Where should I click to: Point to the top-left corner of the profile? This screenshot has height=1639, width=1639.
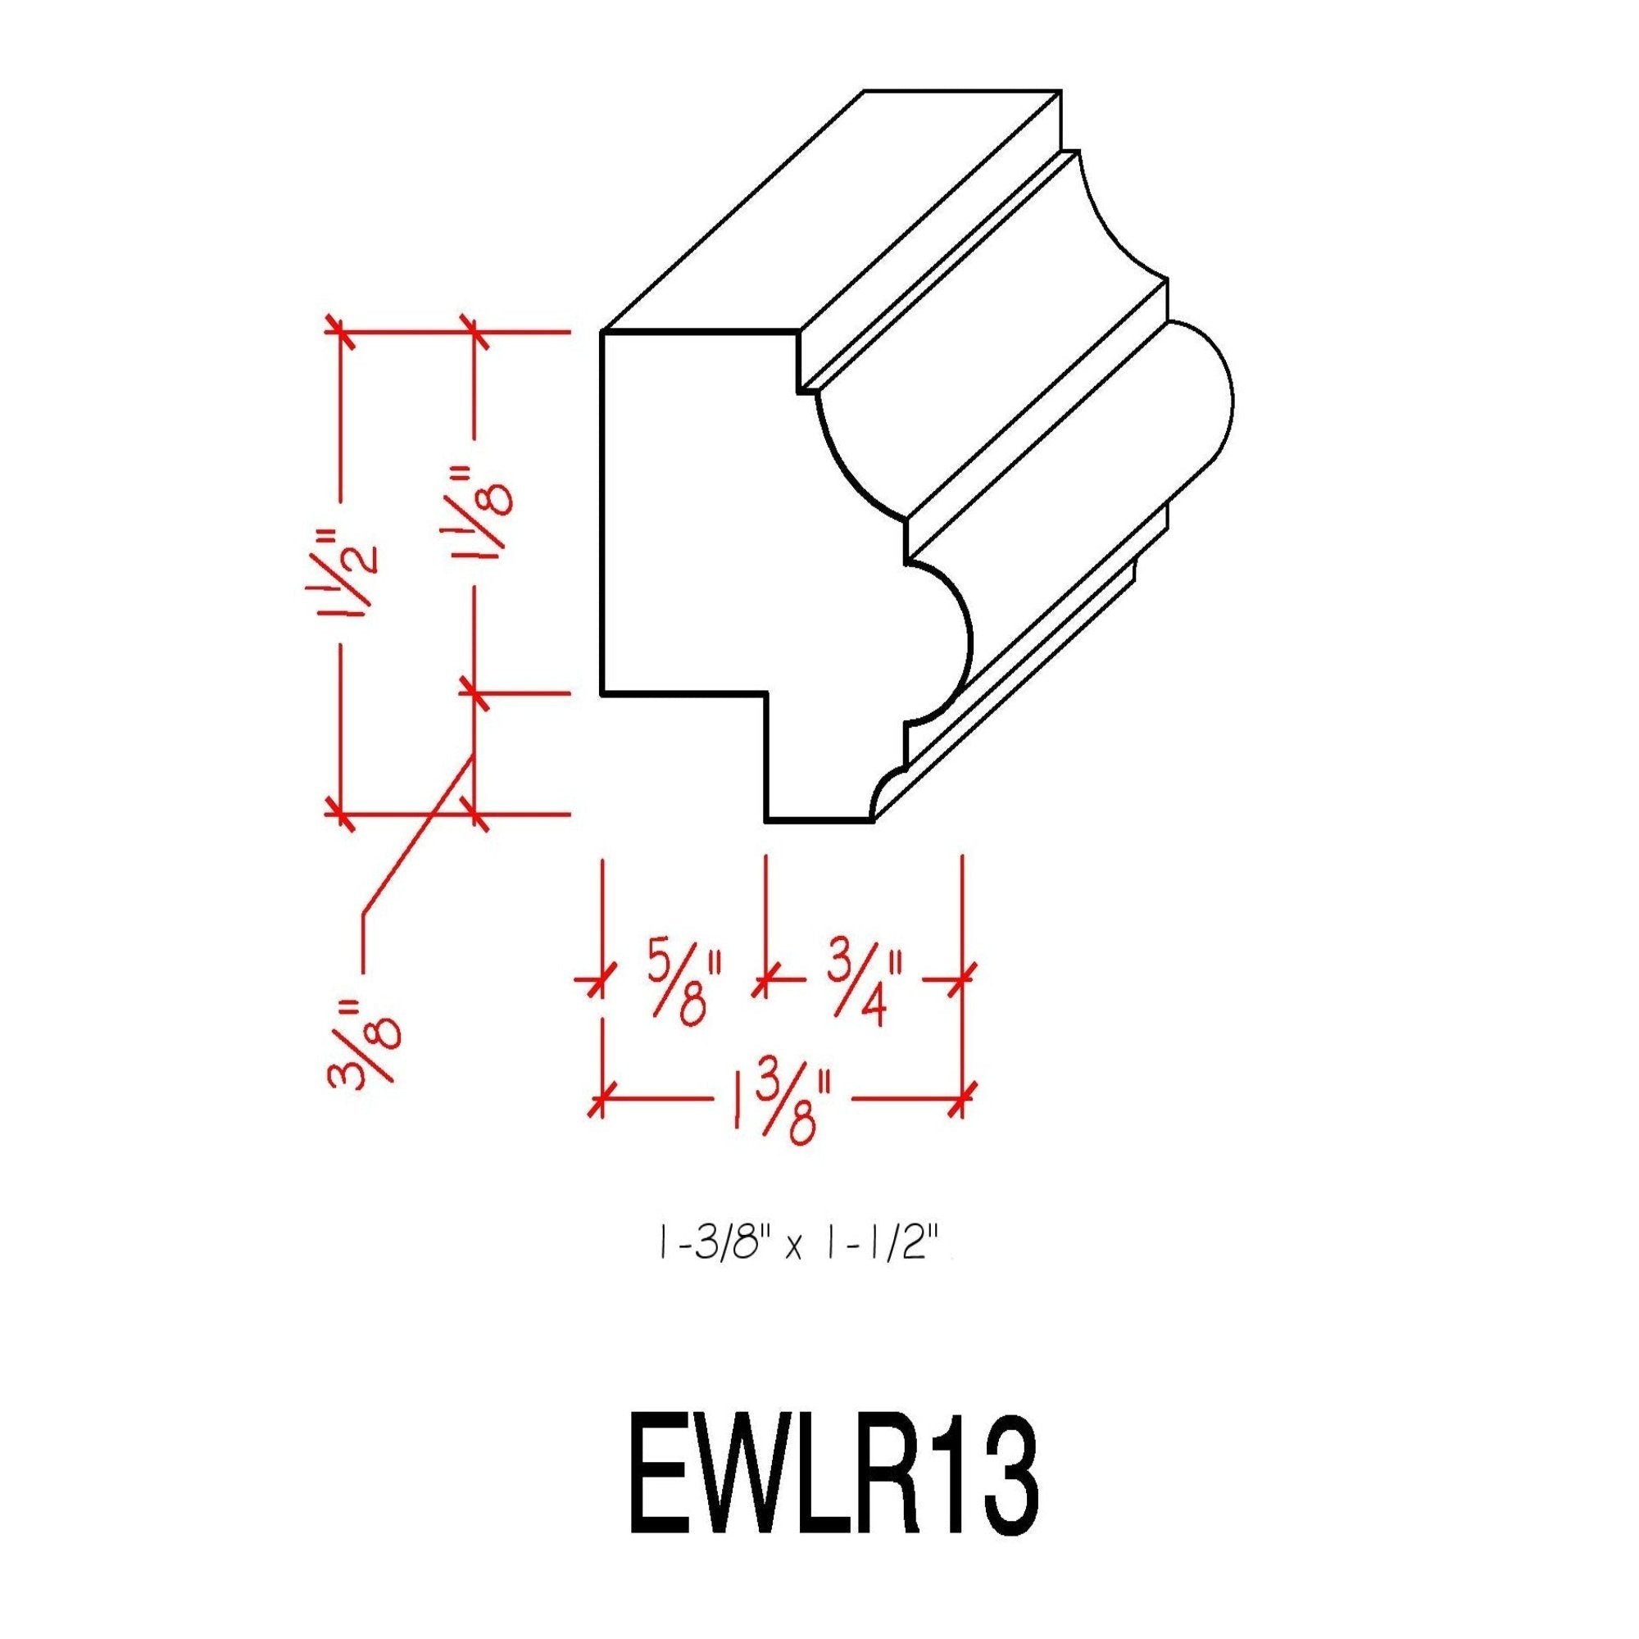(x=602, y=333)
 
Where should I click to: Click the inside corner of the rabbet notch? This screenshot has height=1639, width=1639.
(x=766, y=694)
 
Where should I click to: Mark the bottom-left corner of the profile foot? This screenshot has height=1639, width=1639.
(x=766, y=820)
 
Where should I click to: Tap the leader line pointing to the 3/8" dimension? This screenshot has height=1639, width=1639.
(x=415, y=840)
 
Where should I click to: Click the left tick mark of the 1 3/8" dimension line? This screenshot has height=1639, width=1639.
(x=602, y=1103)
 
